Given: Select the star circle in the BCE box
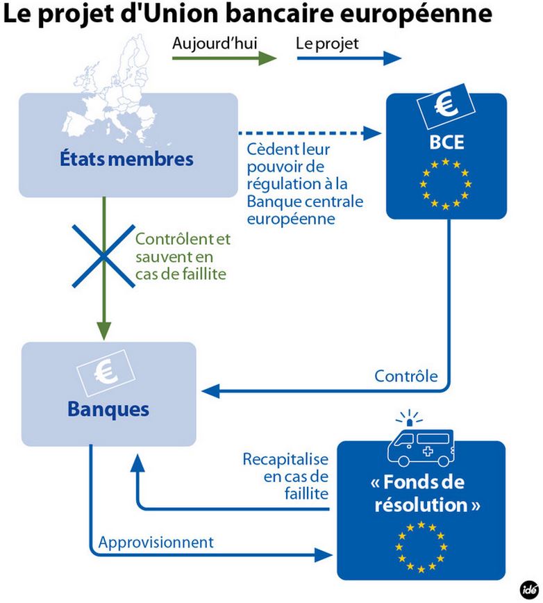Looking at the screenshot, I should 444,183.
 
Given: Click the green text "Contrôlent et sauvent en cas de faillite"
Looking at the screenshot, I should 182,256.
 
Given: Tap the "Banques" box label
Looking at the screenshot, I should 108,409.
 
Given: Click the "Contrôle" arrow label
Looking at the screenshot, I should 406,377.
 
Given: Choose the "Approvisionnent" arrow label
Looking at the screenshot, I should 156,540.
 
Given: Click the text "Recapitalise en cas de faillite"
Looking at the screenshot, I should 285,476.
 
